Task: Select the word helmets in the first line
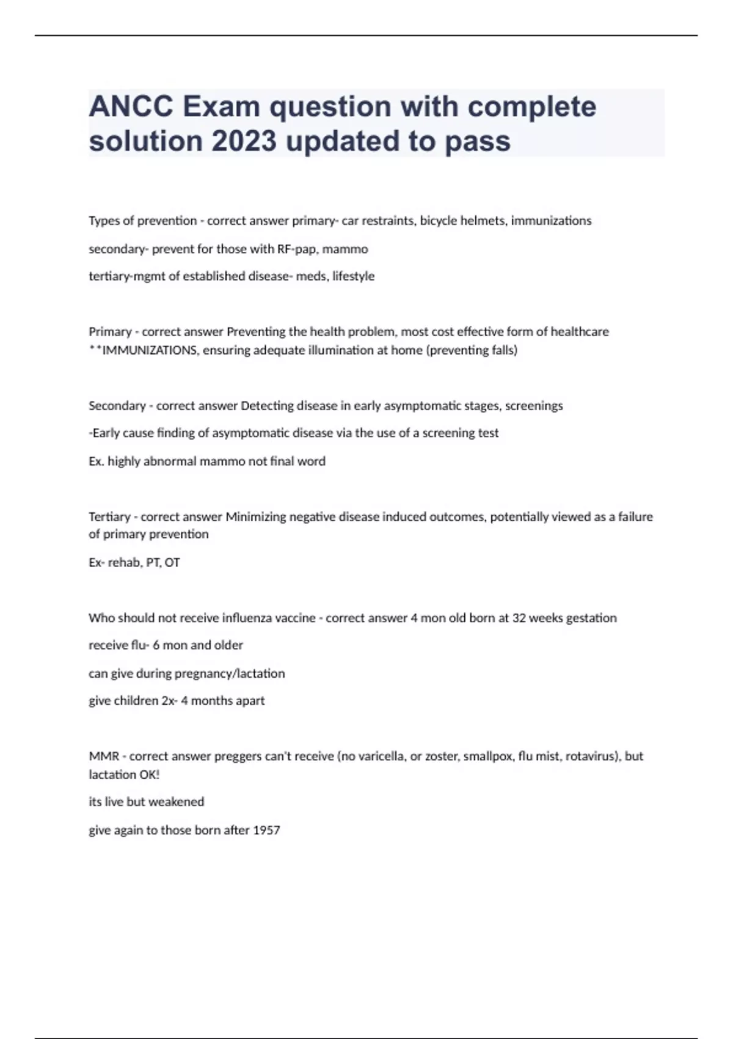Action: [x=484, y=221]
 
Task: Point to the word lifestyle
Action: [x=353, y=276]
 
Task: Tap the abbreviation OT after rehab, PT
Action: [x=172, y=562]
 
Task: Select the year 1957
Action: [x=266, y=830]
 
